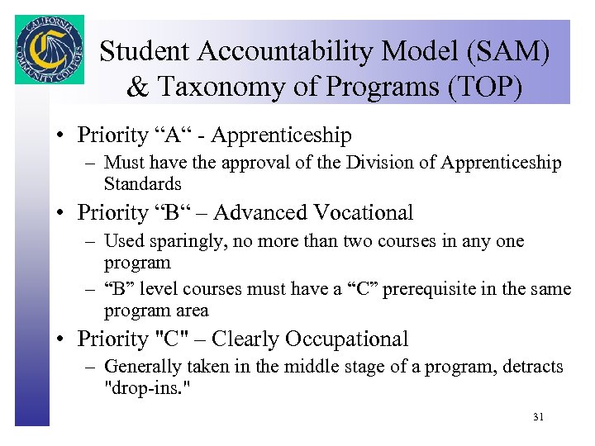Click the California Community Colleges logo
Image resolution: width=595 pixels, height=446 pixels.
[x=49, y=49]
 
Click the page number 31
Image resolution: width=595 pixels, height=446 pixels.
[x=538, y=417]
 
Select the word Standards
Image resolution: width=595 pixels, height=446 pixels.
[x=142, y=183]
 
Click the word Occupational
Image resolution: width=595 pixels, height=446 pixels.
[x=347, y=339]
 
